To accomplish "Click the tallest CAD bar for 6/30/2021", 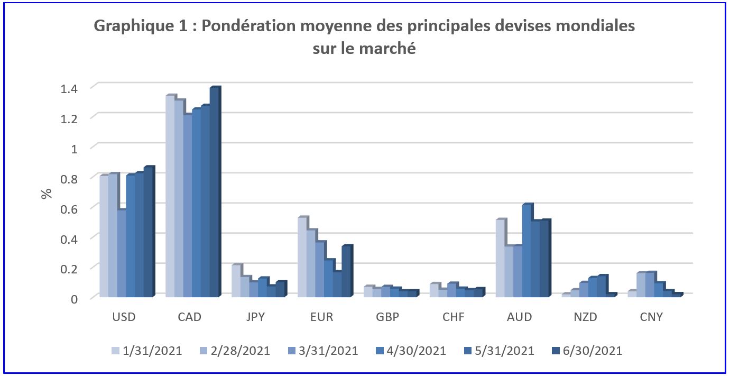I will coord(214,193).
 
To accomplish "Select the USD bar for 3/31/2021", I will coord(121,254).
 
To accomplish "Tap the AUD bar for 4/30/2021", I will coord(526,251).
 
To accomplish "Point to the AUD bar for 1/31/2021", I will coord(500,259).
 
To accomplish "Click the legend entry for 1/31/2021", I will coord(147,351).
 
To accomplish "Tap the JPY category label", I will coord(256,317).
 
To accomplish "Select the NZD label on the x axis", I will coord(586,317).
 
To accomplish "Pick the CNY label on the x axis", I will coord(651,317).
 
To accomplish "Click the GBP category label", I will coord(388,317).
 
